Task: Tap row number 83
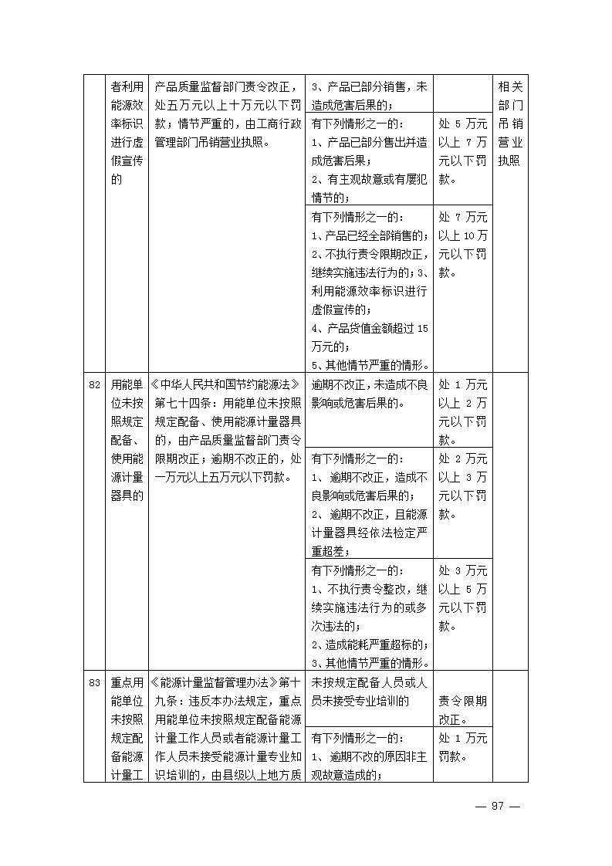pos(94,683)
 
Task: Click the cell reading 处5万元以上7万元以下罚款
pos(462,151)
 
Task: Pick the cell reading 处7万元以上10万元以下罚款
pos(462,245)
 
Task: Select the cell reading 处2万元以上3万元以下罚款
pos(462,487)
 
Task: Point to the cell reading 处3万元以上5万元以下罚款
pos(462,598)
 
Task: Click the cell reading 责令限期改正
pos(462,710)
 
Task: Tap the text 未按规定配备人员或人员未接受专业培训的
pos(369,692)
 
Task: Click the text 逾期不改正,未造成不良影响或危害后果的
pos(369,394)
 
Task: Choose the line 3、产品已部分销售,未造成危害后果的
pos(369,96)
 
